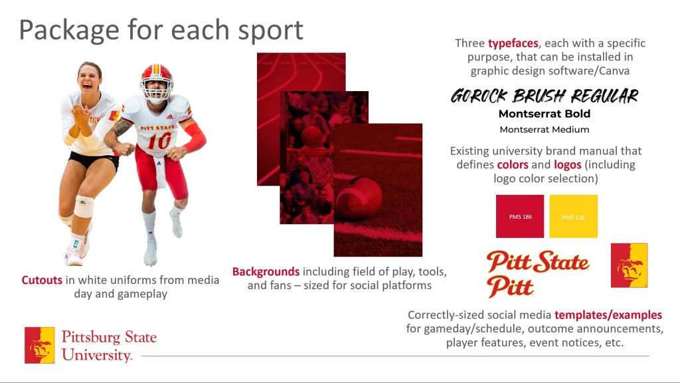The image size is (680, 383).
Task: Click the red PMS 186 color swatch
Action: click(x=519, y=216)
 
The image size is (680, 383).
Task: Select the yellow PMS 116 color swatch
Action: click(x=573, y=216)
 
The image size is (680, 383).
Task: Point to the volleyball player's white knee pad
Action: click(x=84, y=206)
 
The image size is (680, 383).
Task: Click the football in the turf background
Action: click(x=359, y=197)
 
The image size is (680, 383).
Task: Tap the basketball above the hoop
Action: click(x=311, y=136)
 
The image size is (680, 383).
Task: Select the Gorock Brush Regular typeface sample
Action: click(x=545, y=96)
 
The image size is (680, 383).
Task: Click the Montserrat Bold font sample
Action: click(x=545, y=114)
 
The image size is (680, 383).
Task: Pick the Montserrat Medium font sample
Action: click(x=545, y=130)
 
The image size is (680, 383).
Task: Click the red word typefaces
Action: click(x=513, y=43)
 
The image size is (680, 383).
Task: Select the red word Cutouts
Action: click(x=42, y=280)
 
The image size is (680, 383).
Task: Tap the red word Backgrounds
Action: click(x=266, y=272)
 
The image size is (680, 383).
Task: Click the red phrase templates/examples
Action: click(x=608, y=315)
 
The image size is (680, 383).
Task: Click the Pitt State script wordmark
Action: click(x=538, y=262)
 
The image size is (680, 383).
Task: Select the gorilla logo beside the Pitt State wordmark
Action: click(x=630, y=265)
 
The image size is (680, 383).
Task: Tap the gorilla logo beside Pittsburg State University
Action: click(x=40, y=345)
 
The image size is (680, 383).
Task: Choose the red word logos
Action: click(x=567, y=165)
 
